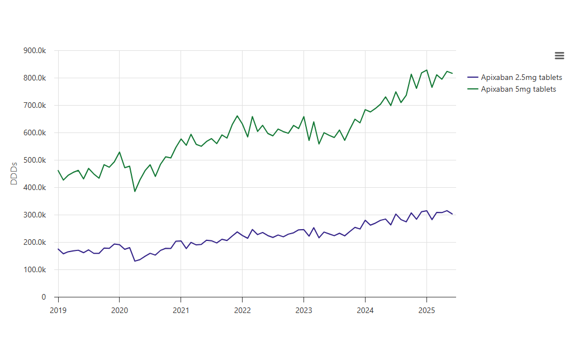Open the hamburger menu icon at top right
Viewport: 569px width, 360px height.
coord(559,55)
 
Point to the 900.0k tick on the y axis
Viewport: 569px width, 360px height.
coord(35,50)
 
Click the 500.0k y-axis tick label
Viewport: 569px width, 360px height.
coord(35,160)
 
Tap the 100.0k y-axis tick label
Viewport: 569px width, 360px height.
coord(35,269)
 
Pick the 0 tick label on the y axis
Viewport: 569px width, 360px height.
coord(43,297)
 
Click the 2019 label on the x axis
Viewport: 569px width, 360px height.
coord(58,309)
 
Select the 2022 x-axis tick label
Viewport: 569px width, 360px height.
coord(242,309)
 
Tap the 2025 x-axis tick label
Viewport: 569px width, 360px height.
coord(426,309)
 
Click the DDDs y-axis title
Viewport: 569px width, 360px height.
coord(15,173)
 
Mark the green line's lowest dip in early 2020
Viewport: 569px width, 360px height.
coord(135,191)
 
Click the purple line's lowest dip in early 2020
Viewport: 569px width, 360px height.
coord(135,261)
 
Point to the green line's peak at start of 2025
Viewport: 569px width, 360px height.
coord(426,70)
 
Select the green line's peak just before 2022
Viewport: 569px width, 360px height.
coord(237,116)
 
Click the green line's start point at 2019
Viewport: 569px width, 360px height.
coord(58,170)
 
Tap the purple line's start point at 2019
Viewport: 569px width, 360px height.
coord(58,249)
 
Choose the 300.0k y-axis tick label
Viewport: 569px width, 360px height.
coord(35,215)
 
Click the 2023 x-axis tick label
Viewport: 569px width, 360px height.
coord(304,309)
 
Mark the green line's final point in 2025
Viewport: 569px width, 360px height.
coord(452,74)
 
